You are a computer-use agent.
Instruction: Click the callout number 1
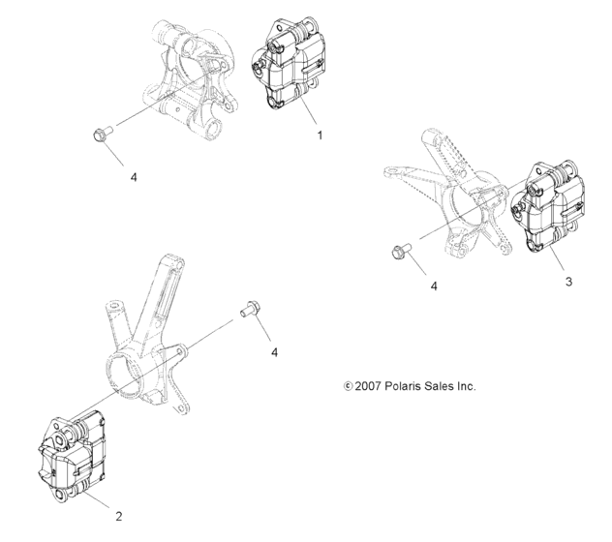pyautogui.click(x=320, y=136)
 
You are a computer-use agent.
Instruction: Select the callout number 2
pyautogui.click(x=118, y=516)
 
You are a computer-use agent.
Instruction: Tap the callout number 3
pyautogui.click(x=568, y=282)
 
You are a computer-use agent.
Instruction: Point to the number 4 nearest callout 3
pyautogui.click(x=434, y=286)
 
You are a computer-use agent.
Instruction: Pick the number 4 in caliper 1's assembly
pyautogui.click(x=161, y=177)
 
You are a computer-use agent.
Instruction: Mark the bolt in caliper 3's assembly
pyautogui.click(x=400, y=252)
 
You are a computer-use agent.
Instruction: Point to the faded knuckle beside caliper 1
pyautogui.click(x=189, y=77)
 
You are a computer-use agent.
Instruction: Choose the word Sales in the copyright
pyautogui.click(x=435, y=386)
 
